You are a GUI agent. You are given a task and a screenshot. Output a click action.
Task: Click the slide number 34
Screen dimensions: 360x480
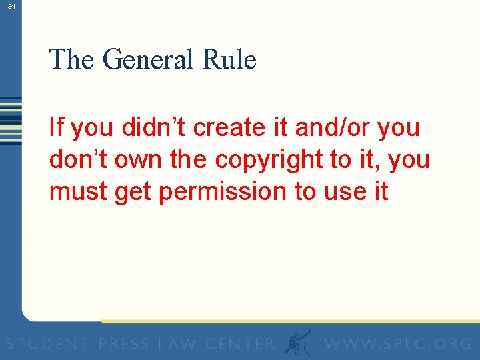click(11, 6)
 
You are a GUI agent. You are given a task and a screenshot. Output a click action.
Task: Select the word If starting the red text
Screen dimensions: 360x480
click(57, 127)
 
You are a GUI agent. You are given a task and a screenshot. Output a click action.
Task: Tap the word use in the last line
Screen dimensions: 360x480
click(343, 192)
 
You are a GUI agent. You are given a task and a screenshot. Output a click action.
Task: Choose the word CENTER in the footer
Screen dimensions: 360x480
click(241, 344)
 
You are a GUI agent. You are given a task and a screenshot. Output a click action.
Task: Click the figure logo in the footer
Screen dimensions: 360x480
click(297, 342)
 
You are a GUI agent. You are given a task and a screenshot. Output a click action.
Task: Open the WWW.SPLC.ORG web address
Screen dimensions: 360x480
click(398, 344)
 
